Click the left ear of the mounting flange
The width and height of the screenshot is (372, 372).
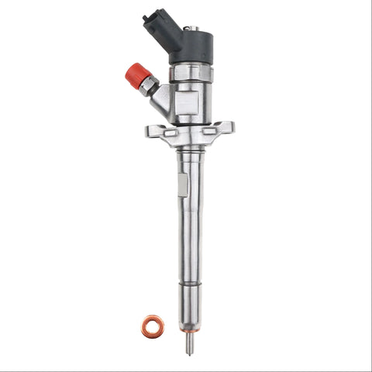click(152, 131)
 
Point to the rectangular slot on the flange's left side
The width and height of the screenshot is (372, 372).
click(165, 132)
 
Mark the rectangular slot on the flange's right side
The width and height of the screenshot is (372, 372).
click(210, 131)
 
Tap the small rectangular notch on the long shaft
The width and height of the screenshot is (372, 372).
click(181, 185)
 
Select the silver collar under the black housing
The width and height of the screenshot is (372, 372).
click(190, 71)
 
